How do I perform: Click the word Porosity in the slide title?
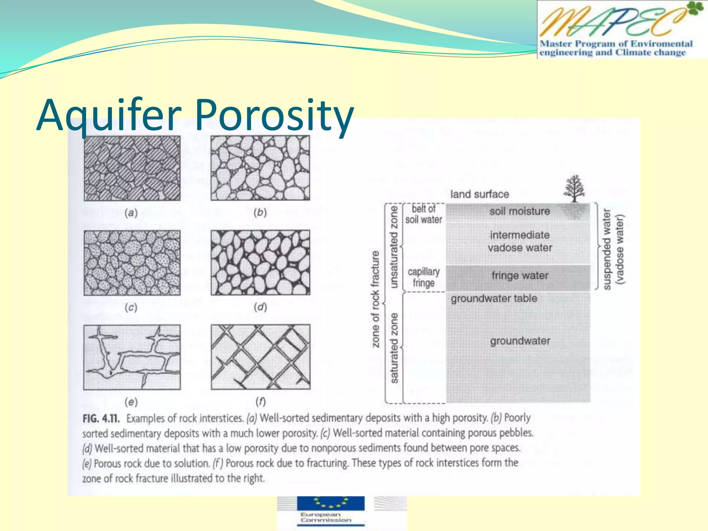click(275, 115)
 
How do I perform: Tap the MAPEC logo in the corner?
click(622, 29)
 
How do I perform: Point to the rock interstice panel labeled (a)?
click(132, 168)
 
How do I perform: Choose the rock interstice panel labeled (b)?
click(260, 168)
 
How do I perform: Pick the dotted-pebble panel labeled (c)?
click(132, 263)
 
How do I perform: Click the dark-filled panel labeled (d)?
click(260, 263)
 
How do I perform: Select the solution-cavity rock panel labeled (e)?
click(132, 357)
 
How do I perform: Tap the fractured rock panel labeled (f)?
click(260, 357)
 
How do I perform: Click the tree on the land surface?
click(574, 188)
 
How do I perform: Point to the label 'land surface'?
click(479, 194)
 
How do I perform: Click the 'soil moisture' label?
click(520, 211)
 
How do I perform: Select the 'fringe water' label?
click(520, 276)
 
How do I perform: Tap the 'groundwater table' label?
click(494, 298)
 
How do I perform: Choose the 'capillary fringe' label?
click(423, 277)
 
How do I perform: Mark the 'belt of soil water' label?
click(423, 214)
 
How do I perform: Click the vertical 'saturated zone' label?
click(394, 348)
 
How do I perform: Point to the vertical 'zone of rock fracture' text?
click(375, 299)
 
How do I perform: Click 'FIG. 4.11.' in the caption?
click(101, 419)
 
